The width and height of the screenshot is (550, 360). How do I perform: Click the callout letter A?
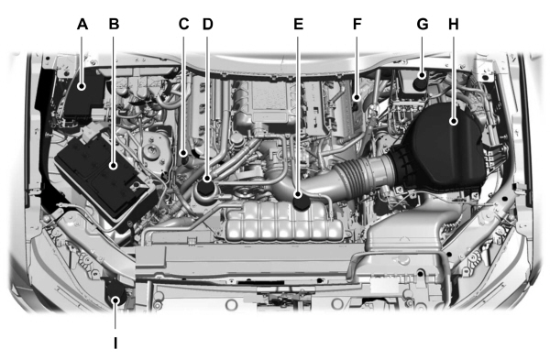(82, 24)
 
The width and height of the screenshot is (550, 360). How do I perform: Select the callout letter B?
(114, 24)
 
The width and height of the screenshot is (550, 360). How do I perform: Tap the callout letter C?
(184, 24)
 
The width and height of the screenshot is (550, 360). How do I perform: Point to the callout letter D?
(207, 24)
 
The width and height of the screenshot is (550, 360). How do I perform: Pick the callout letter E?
(298, 24)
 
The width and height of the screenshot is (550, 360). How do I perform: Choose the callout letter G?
(422, 24)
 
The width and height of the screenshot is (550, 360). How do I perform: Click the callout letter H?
(453, 24)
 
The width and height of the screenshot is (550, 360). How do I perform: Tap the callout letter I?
(115, 344)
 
